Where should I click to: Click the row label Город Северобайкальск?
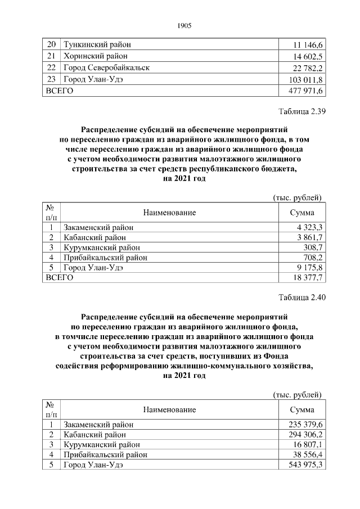(106, 67)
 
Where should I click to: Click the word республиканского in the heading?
(222, 168)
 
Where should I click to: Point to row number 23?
(52, 79)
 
